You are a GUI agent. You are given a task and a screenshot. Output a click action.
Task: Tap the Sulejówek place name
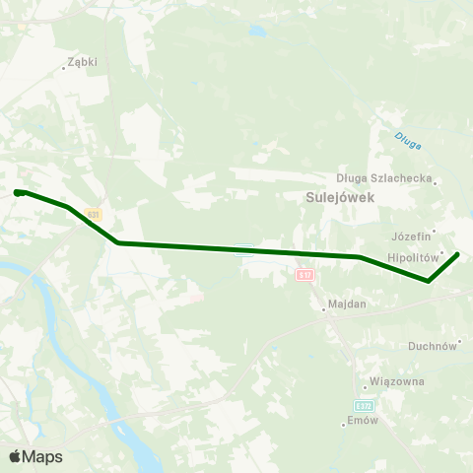330,196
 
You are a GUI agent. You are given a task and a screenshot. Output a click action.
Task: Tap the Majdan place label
345,304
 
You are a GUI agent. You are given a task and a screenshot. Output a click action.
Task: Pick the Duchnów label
433,346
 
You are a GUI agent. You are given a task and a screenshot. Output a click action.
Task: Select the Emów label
364,421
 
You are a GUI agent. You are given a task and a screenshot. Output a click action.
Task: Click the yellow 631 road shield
93,214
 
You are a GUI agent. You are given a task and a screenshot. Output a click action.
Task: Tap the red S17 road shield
304,275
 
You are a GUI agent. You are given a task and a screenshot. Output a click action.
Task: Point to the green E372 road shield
365,405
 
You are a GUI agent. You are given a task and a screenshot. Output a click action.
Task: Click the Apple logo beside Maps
16,456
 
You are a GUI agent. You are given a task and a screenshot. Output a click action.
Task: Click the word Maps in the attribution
42,456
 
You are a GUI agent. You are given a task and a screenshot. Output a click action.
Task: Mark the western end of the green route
18,193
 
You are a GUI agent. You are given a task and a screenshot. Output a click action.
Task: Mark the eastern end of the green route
457,254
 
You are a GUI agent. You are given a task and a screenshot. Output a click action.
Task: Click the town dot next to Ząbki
64,68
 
